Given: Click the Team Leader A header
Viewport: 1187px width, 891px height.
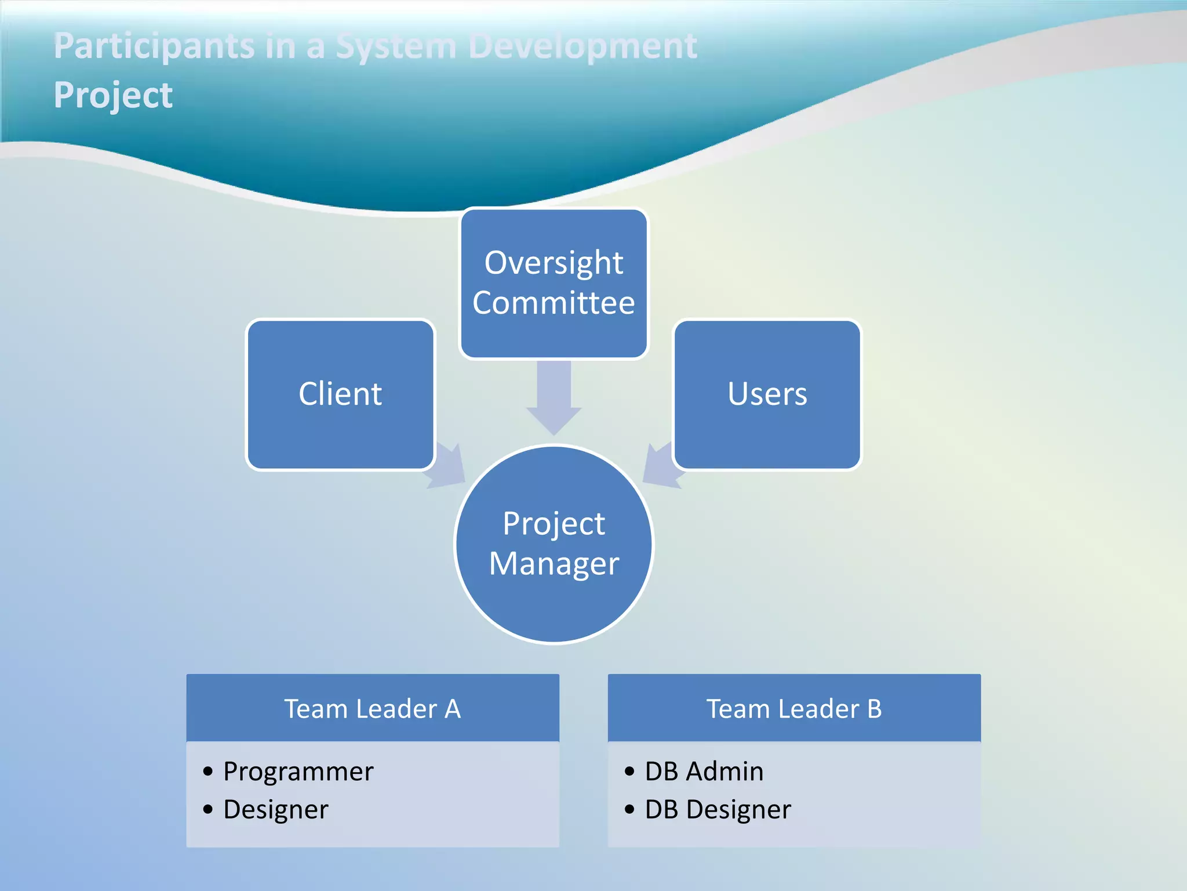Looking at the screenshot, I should (372, 708).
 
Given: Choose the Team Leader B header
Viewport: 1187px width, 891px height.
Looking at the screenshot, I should (794, 708).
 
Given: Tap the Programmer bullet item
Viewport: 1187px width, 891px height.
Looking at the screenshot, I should (298, 772).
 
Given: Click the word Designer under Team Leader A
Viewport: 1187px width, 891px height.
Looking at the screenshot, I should (275, 810).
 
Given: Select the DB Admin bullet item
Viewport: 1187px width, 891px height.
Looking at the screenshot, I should (704, 772).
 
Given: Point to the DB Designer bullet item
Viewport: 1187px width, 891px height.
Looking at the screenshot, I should (718, 810).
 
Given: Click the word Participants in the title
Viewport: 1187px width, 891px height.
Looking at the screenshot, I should (154, 46).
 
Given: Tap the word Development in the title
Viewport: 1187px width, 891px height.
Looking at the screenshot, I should (582, 46).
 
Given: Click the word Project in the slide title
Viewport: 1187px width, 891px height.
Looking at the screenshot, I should (113, 95).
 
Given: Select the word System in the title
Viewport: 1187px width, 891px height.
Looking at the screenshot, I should (396, 46).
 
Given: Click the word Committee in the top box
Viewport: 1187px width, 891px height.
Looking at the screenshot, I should (554, 303).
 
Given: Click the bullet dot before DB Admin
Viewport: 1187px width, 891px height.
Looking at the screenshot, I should (629, 772).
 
